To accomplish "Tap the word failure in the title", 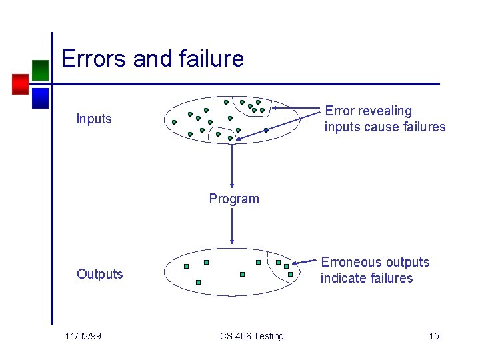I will coord(212,59).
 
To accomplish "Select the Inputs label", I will coord(94,119).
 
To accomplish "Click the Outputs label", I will coord(100,274).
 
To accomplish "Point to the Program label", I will coord(234,199).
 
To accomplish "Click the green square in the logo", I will coord(40,70).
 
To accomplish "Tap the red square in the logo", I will coord(21,83).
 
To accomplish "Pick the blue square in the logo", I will coord(40,98).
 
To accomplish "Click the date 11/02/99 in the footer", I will coord(84,336).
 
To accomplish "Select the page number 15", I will coord(434,336).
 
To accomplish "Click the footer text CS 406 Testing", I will coord(252,336).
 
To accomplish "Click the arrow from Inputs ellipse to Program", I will coord(232,167).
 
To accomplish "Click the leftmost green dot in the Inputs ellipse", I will coord(174,122).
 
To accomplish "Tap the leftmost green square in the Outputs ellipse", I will coord(186,266).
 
